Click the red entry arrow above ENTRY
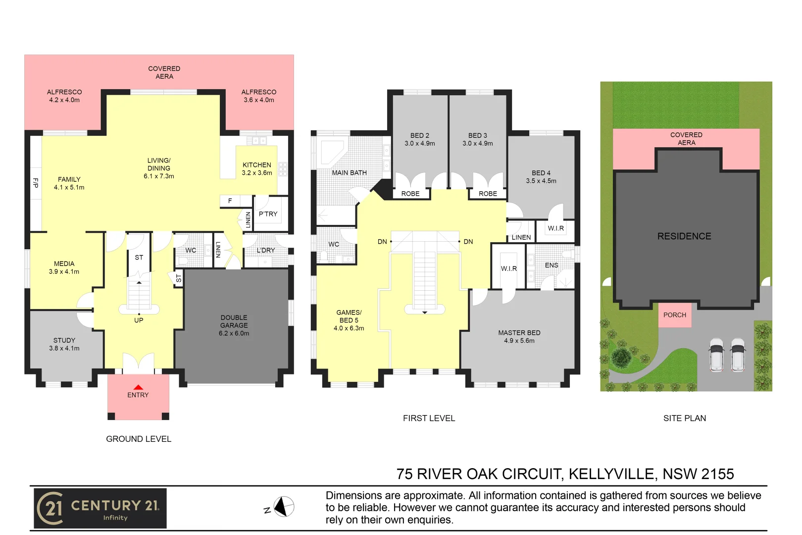138,387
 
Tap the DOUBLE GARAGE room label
234,325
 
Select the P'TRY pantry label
268,214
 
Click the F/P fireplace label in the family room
36,183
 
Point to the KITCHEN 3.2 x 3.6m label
256,169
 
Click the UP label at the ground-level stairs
139,321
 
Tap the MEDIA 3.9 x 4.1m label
64,267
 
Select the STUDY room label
64,344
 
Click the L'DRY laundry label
265,250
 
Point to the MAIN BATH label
349,173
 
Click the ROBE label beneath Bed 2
410,194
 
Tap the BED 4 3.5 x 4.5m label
541,177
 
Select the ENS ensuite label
551,266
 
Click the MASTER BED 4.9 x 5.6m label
519,337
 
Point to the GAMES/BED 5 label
349,320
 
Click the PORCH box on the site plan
674,315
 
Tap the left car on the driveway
716,355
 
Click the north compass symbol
284,507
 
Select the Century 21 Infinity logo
100,508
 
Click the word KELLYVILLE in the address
611,474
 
